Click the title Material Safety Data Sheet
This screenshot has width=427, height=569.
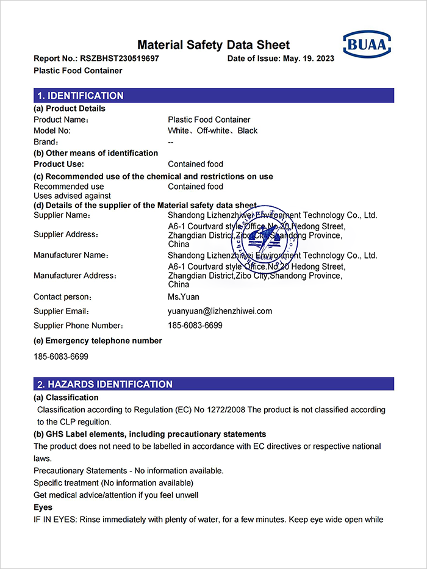pyautogui.click(x=213, y=45)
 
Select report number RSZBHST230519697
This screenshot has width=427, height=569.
pyautogui.click(x=119, y=59)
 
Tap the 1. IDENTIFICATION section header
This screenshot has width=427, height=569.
pyautogui.click(x=80, y=96)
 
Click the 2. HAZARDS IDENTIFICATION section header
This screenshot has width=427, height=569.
pyautogui.click(x=104, y=384)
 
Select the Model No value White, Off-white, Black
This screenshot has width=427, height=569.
pyautogui.click(x=213, y=131)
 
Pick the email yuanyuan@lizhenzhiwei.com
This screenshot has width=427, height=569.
pyautogui.click(x=220, y=311)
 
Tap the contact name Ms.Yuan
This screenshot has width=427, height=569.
pyautogui.click(x=184, y=297)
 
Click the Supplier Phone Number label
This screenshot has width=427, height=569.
pyautogui.click(x=79, y=326)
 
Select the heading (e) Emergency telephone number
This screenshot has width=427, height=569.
pyautogui.click(x=98, y=341)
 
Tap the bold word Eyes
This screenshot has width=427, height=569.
pyautogui.click(x=43, y=507)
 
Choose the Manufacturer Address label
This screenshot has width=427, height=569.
pyautogui.click(x=75, y=276)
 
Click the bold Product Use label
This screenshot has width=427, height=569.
pyautogui.click(x=59, y=164)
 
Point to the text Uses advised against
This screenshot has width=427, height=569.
pyautogui.click(x=72, y=196)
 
